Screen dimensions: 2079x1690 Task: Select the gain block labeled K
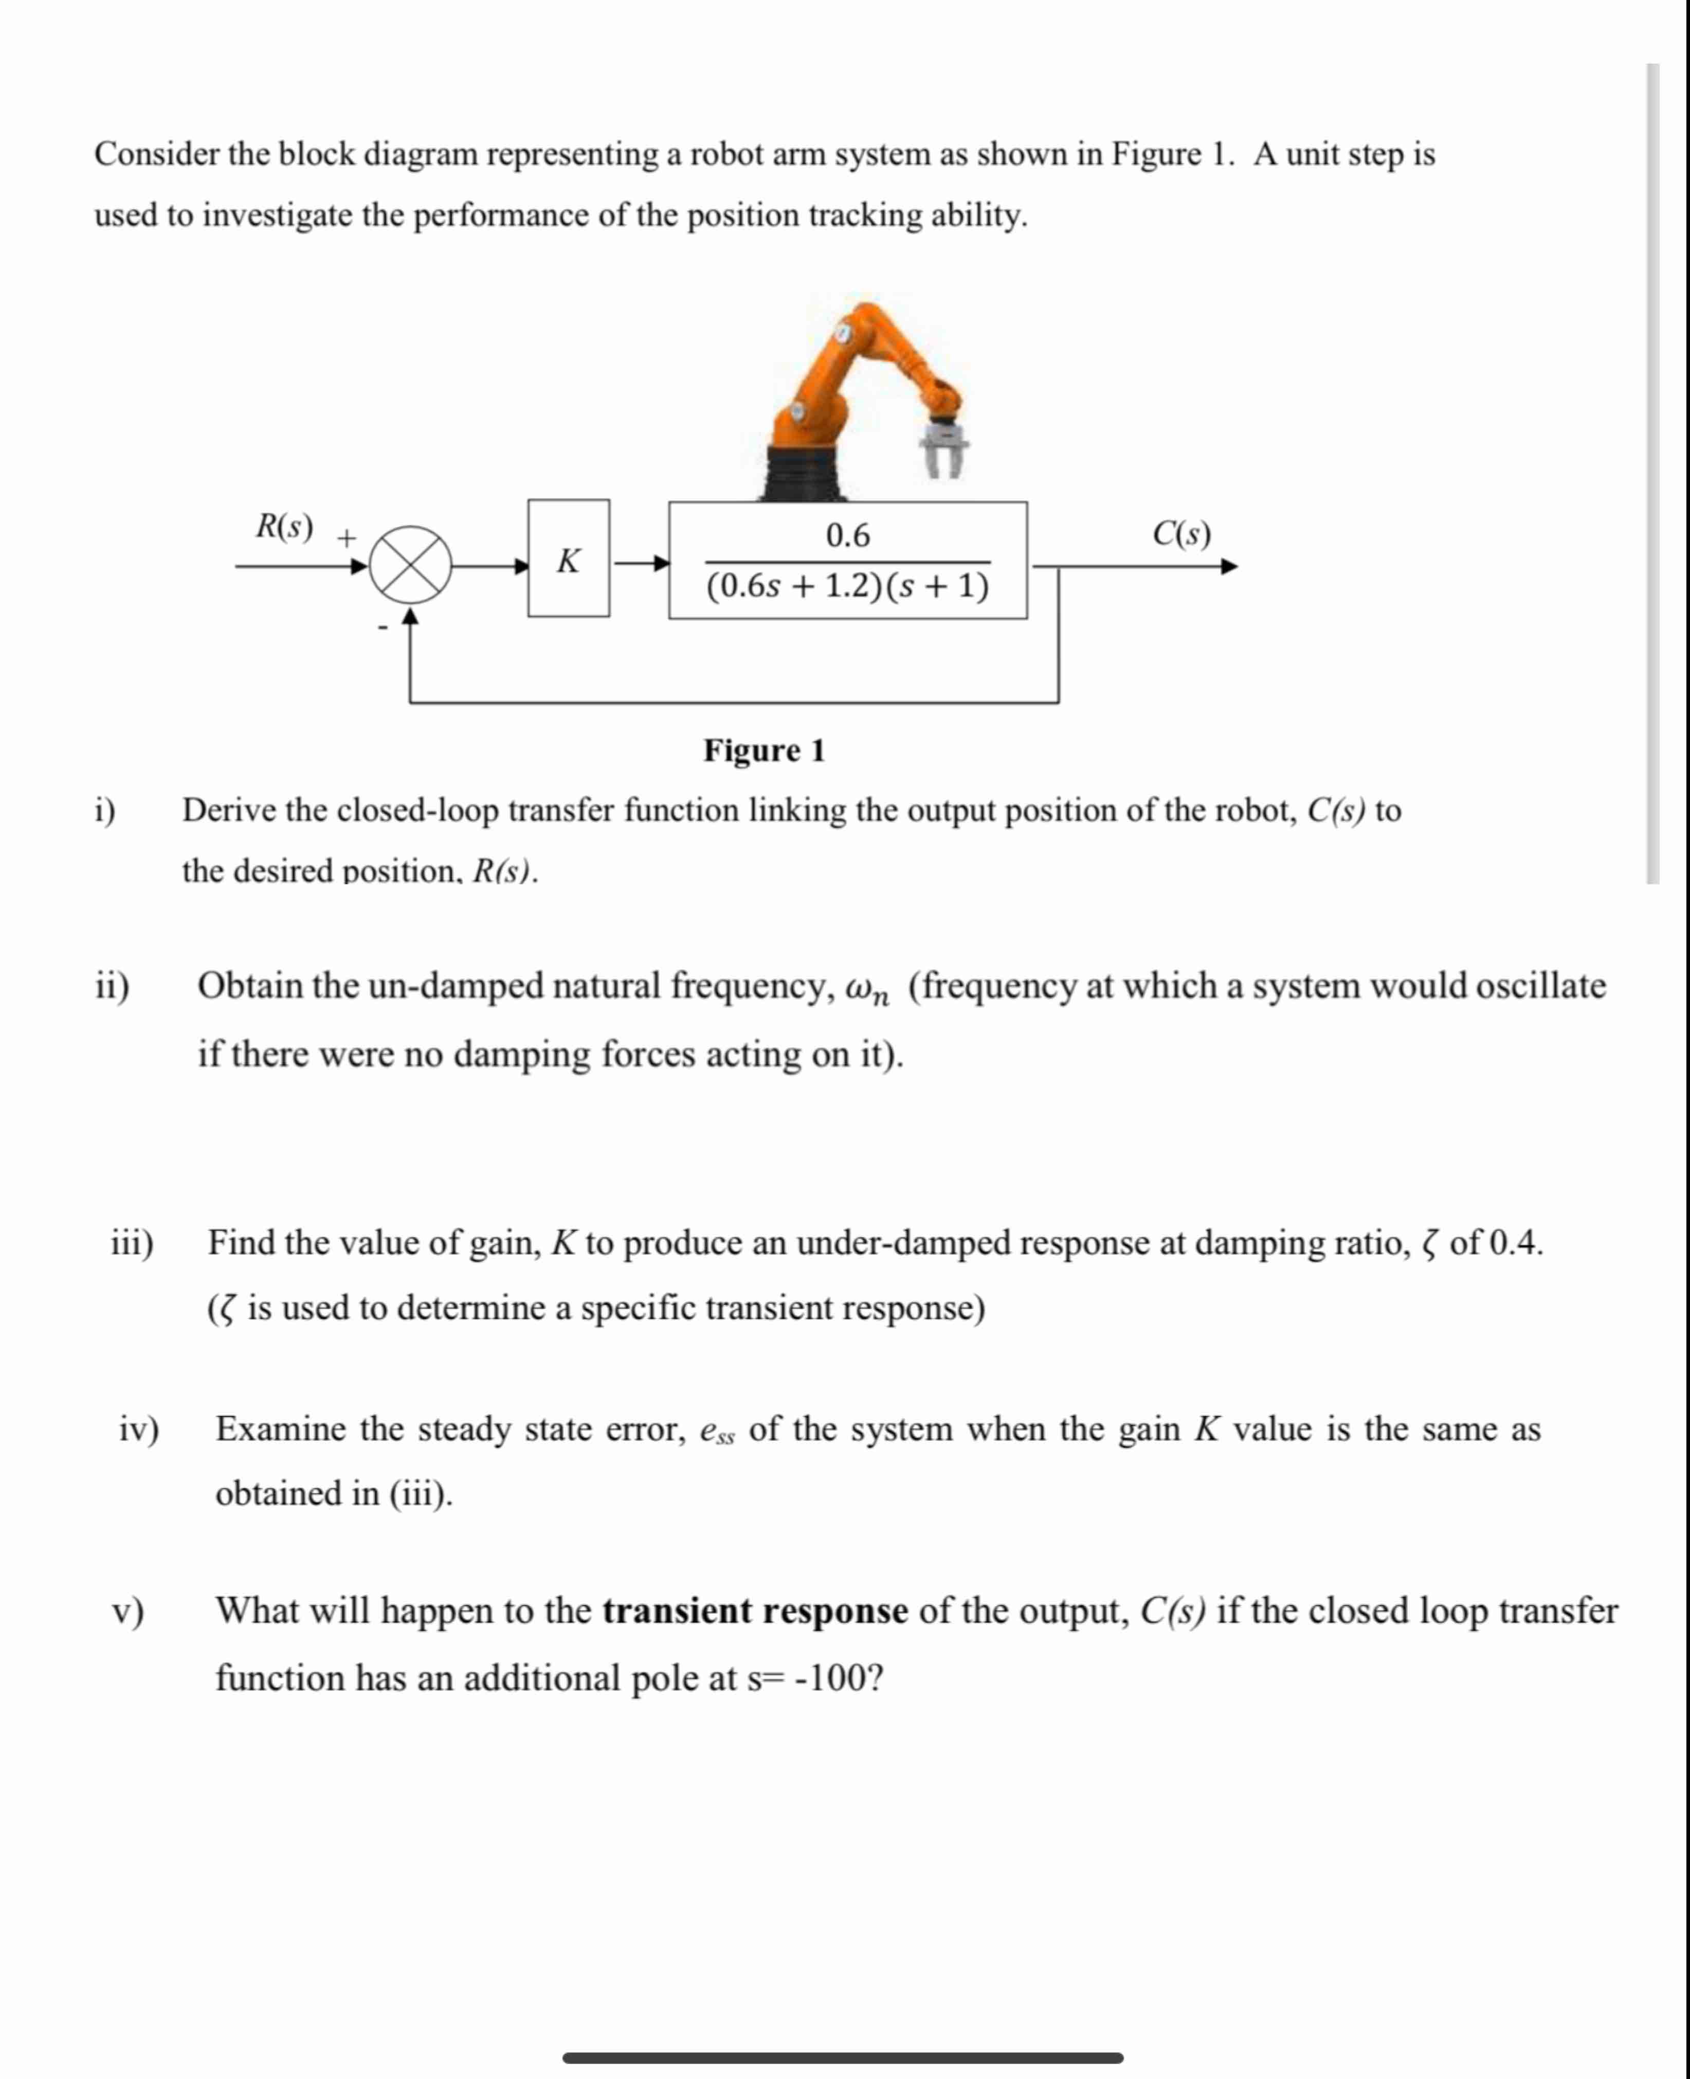coord(569,559)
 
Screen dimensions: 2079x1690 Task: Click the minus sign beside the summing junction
coord(383,628)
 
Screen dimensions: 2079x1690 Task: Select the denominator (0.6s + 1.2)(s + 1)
coord(847,586)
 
